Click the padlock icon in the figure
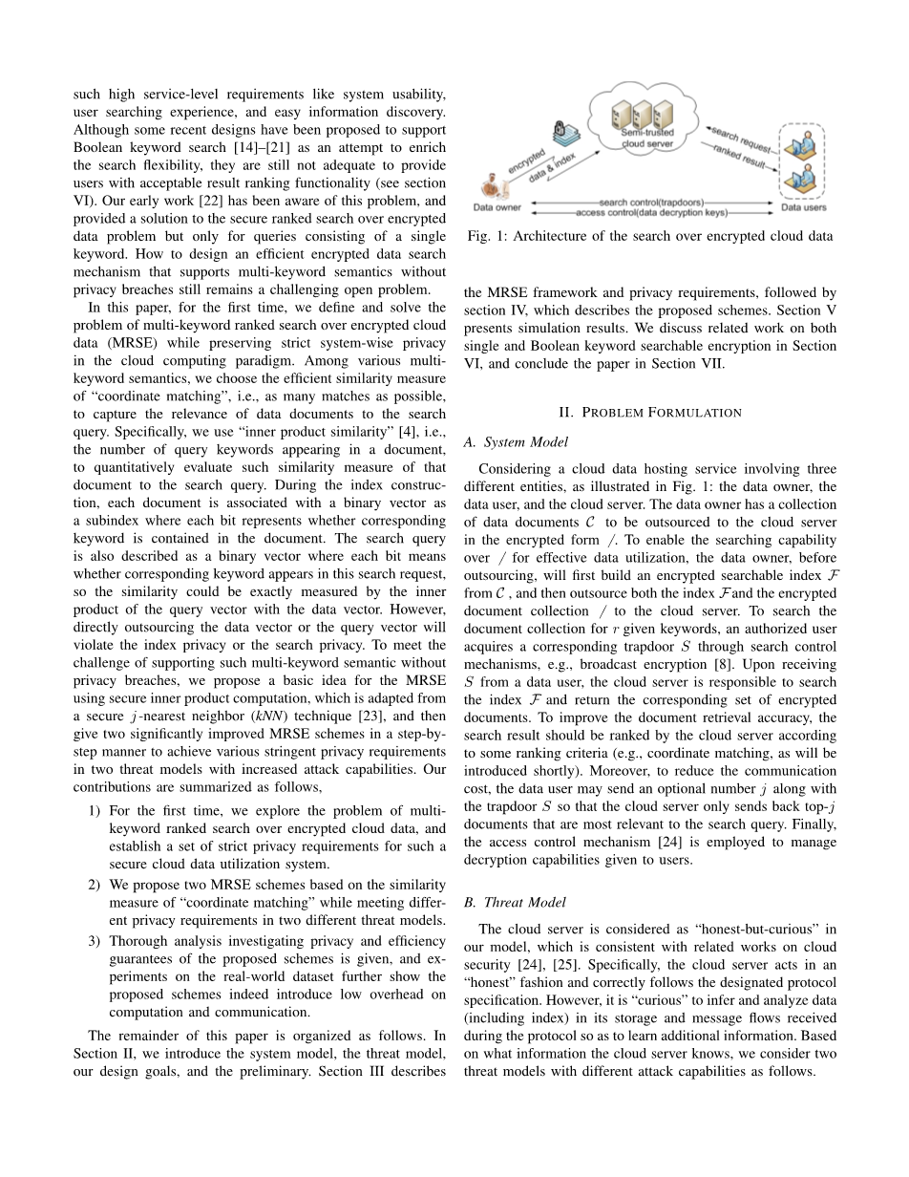coord(561,129)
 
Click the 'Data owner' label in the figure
coord(497,207)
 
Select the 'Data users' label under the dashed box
coord(803,207)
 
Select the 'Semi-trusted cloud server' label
coord(647,139)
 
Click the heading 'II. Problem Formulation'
coord(649,413)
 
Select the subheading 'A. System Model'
coord(515,442)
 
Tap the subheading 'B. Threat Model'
coord(514,902)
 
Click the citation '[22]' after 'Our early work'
coord(205,202)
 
